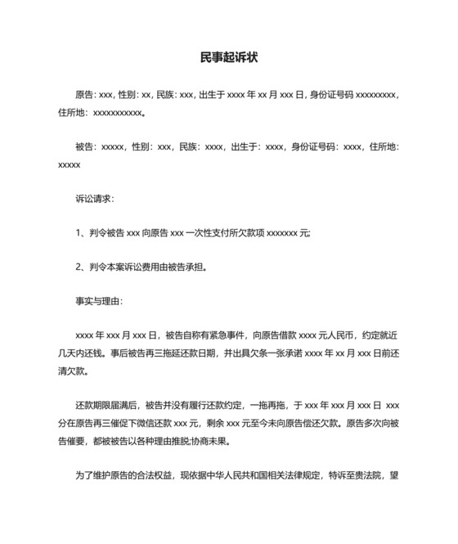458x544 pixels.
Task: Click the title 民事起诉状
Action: pos(229,58)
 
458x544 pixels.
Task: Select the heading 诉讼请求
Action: pos(94,199)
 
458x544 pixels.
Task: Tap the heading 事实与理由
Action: pos(98,301)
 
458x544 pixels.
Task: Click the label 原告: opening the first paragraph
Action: pos(86,95)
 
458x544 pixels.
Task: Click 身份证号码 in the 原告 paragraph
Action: pos(331,95)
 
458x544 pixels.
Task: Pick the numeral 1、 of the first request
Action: pos(80,233)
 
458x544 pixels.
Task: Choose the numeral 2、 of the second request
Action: pos(80,267)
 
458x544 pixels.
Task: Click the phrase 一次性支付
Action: pos(205,233)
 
